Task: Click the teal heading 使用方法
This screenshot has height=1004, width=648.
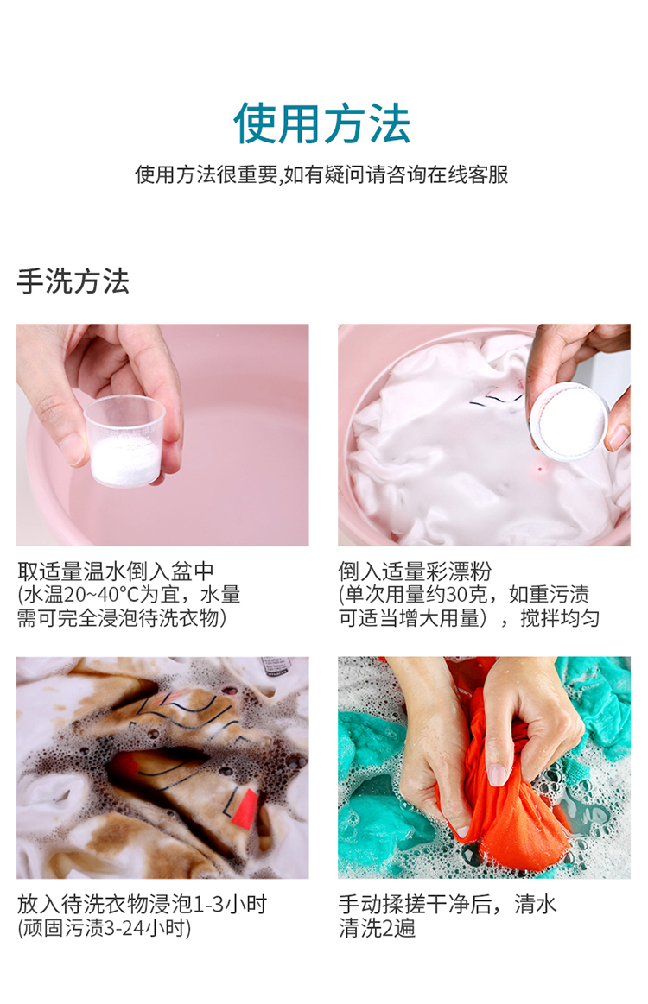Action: coord(321,123)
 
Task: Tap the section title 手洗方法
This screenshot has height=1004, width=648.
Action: coord(73,281)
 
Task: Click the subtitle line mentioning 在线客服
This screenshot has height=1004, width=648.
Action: coord(321,174)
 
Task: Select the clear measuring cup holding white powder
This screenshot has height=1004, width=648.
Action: coord(124,440)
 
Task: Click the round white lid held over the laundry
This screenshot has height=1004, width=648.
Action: coord(568,422)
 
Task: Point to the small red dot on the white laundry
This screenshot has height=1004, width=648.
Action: coord(540,470)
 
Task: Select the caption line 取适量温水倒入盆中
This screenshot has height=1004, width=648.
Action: coord(116,571)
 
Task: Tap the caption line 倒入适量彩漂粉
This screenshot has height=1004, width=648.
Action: coord(415,571)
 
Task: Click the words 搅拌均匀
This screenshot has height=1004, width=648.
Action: coord(560,618)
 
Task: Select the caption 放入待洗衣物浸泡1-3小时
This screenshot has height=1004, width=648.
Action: coord(142,905)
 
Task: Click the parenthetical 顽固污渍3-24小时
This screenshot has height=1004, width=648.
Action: coord(105,928)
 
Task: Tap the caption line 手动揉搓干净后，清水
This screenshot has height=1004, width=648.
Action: coord(448,905)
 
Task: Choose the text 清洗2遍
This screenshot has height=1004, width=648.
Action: coord(377,928)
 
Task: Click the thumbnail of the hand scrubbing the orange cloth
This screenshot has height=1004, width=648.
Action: coord(484,767)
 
